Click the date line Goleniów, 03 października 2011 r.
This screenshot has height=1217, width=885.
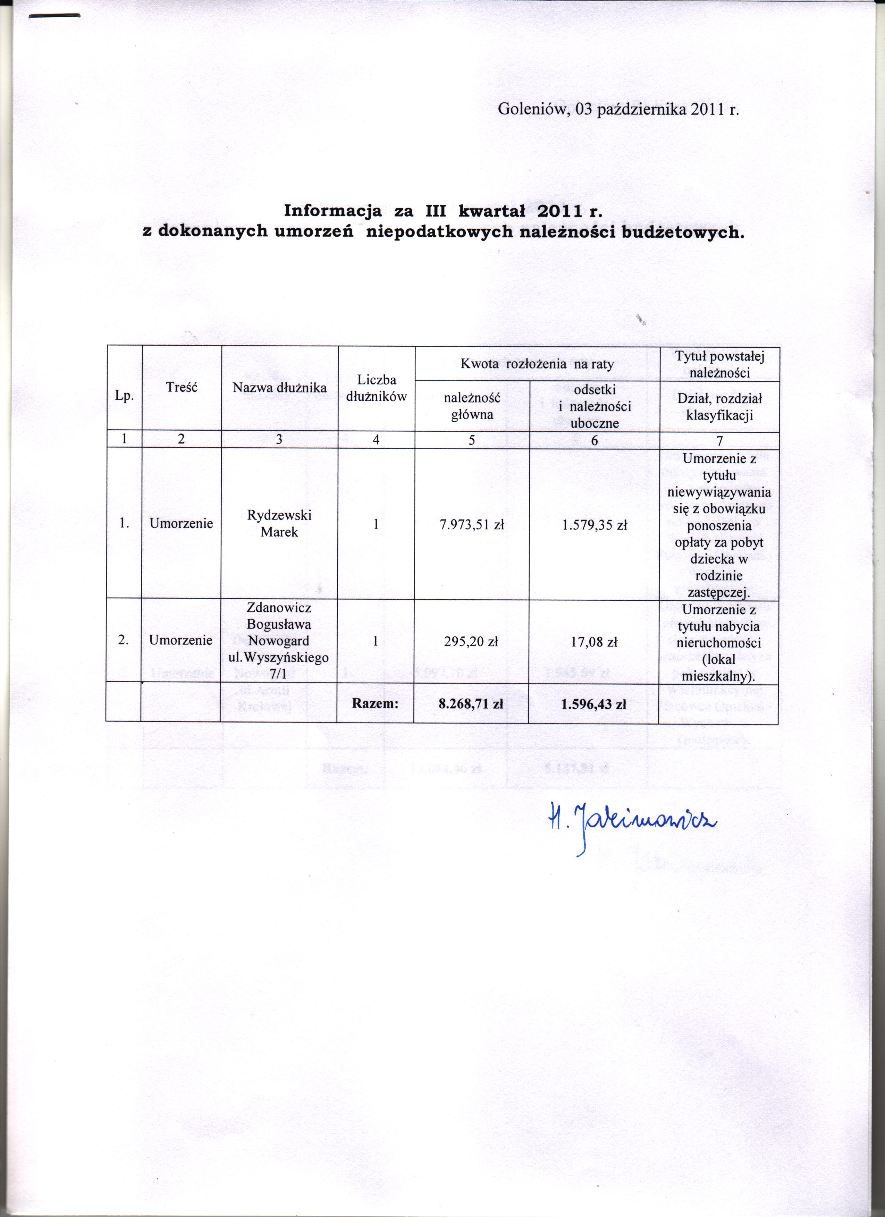coord(618,109)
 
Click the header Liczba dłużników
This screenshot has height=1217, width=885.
coord(376,388)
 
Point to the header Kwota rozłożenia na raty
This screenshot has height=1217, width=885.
coord(537,364)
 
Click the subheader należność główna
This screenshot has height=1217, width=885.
coord(472,406)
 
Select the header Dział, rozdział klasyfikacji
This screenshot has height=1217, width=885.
coord(719,406)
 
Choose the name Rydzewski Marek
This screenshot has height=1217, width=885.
coord(279,523)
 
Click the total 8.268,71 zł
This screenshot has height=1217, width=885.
coord(471,704)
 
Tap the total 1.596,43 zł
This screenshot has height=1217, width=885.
coord(593,704)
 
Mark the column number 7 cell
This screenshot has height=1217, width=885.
coord(719,441)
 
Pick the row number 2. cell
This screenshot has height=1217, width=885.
coord(124,640)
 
